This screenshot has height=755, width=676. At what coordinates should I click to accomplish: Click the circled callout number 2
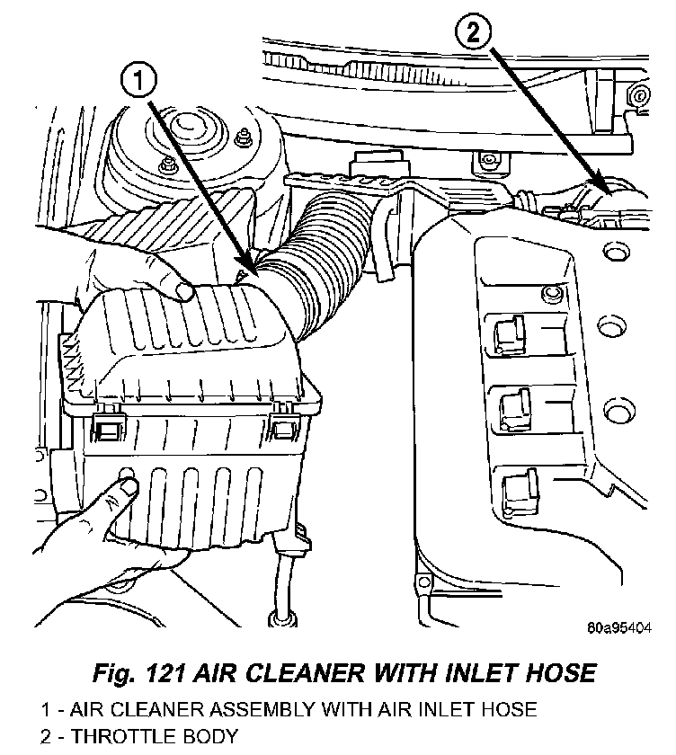[473, 35]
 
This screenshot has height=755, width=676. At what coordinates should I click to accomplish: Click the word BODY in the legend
[210, 737]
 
